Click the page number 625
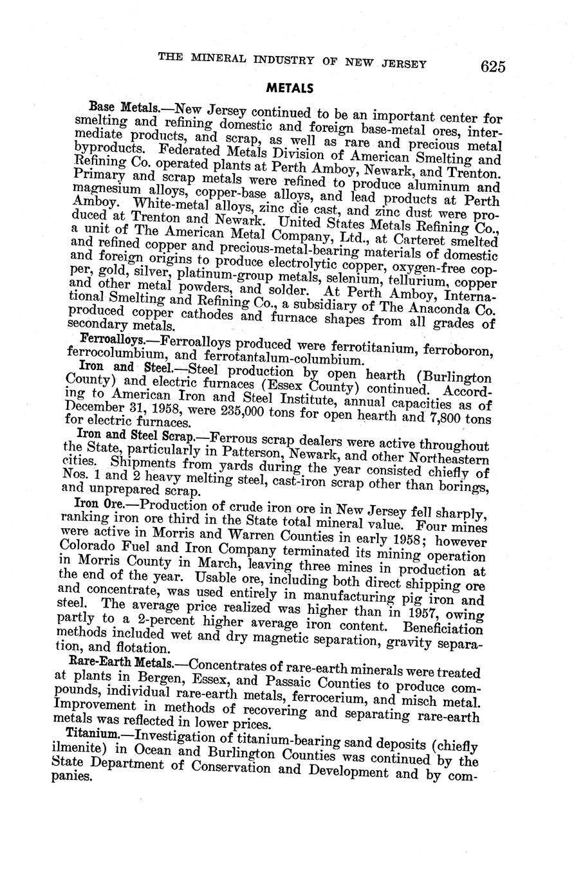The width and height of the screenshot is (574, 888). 492,67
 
